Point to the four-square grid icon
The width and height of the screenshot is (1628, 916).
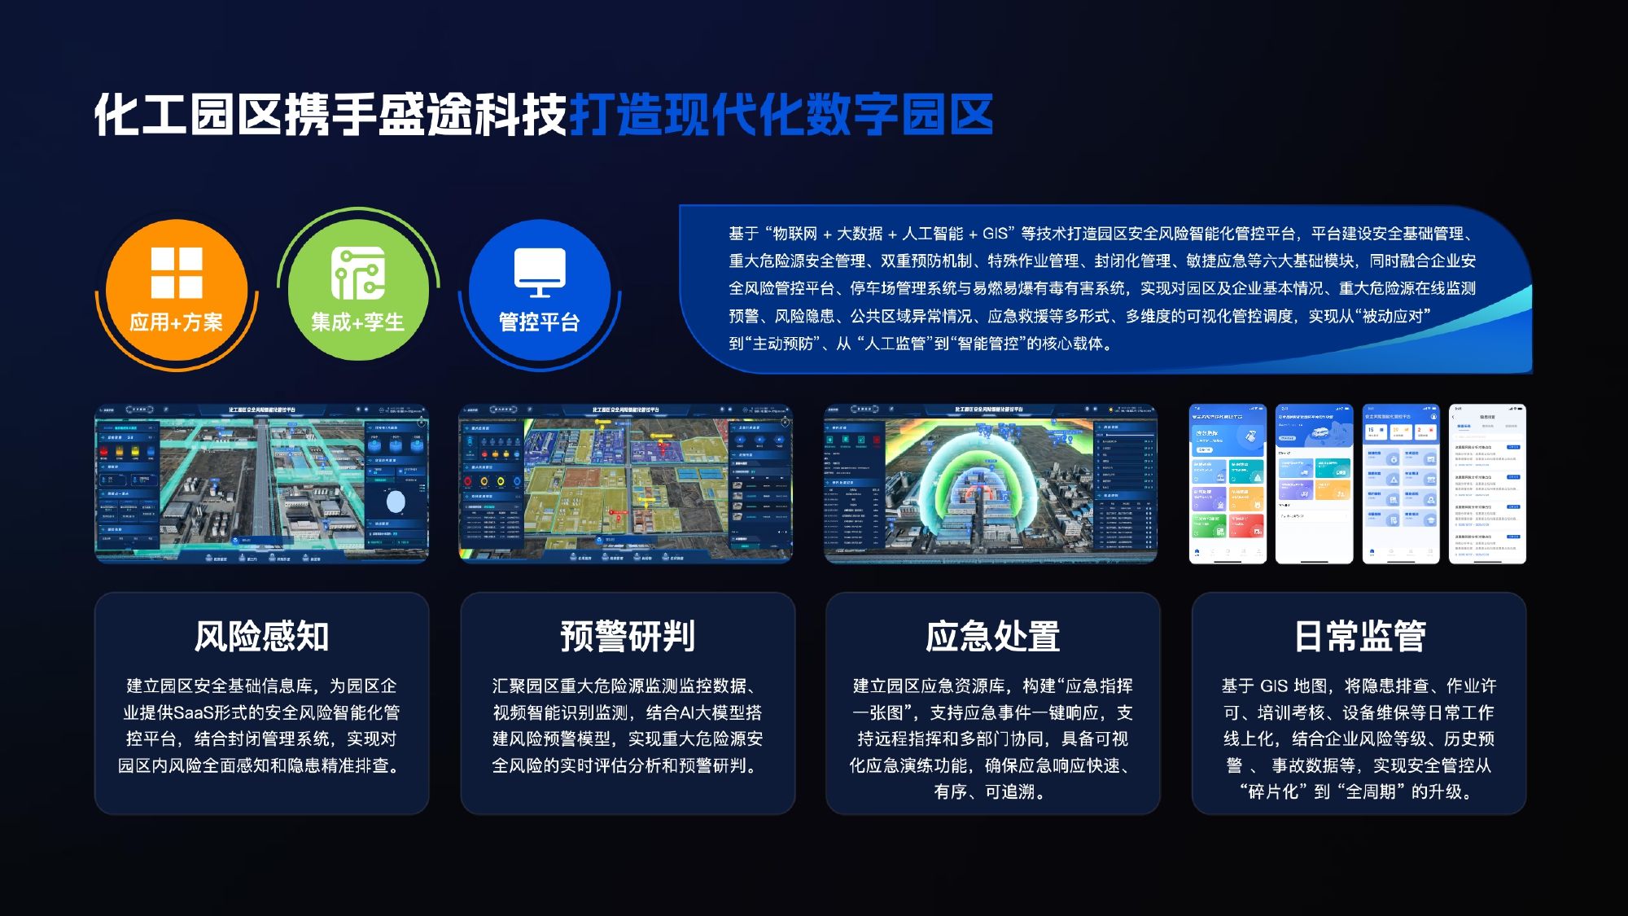(x=177, y=273)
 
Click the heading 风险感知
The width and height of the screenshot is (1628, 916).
(x=261, y=636)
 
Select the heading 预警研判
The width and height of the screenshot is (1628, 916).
(x=628, y=636)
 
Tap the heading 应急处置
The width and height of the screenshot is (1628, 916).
(x=992, y=636)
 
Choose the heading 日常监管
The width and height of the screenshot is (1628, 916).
(x=1359, y=636)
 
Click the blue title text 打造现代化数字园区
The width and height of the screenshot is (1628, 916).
(x=781, y=115)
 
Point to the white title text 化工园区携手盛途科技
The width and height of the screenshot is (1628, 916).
(x=330, y=115)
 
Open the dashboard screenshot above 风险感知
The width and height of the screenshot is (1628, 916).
(x=261, y=484)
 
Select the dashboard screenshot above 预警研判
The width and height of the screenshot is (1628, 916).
(x=625, y=484)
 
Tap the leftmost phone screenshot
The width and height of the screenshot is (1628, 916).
(x=1228, y=484)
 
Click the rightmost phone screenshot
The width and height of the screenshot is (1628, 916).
(x=1487, y=484)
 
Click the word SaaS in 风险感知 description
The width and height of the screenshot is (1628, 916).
(x=194, y=713)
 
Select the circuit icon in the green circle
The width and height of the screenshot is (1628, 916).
(x=358, y=274)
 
